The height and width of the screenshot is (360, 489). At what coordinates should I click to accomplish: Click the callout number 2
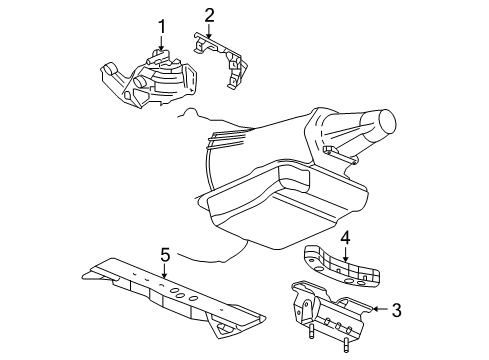210,14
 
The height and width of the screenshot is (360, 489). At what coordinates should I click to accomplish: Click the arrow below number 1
159,44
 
